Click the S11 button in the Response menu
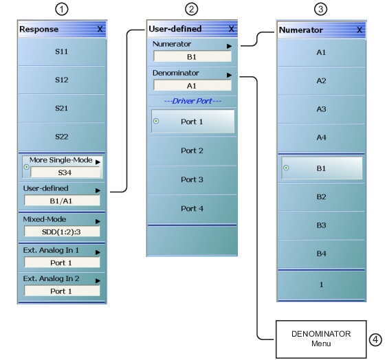[62, 52]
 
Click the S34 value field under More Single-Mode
[62, 172]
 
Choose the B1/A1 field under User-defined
[62, 201]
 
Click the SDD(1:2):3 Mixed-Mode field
[62, 232]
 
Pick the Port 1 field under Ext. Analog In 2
[62, 291]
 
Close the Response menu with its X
[100, 30]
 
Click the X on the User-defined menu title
[230, 29]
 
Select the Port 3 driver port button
[192, 179]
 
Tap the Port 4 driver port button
[192, 208]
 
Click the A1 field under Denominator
[192, 85]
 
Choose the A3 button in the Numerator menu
[320, 109]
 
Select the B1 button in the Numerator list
[320, 168]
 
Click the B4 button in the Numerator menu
[320, 254]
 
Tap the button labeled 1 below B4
[320, 284]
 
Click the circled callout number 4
[375, 338]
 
